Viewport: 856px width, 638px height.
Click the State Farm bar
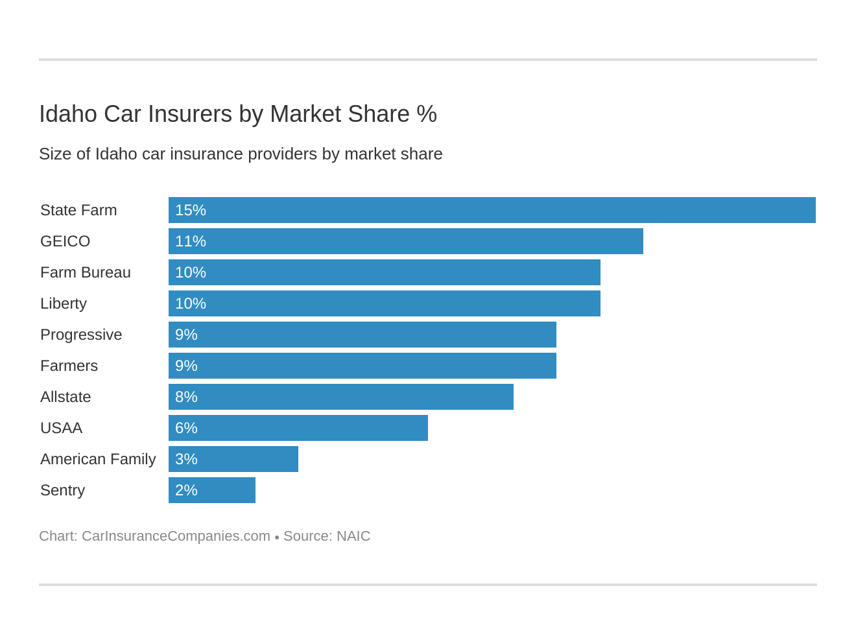tap(492, 210)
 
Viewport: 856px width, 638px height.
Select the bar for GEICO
tap(405, 241)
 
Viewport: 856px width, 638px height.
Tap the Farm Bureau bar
tap(384, 272)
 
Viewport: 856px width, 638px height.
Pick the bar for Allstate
tap(340, 397)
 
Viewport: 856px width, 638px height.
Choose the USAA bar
tap(298, 428)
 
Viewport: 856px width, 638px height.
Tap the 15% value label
tap(191, 210)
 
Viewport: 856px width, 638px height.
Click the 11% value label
tap(191, 241)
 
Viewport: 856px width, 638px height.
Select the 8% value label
tap(186, 397)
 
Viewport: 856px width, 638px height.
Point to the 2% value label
tap(186, 490)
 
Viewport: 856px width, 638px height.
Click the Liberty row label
tap(64, 303)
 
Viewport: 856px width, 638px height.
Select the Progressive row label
tap(81, 335)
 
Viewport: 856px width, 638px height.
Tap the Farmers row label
tap(69, 366)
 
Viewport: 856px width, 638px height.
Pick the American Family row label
tap(98, 459)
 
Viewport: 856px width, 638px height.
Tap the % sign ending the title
tap(427, 114)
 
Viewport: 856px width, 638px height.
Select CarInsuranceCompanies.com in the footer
tap(176, 536)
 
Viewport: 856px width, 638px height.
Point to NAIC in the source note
tap(353, 536)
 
